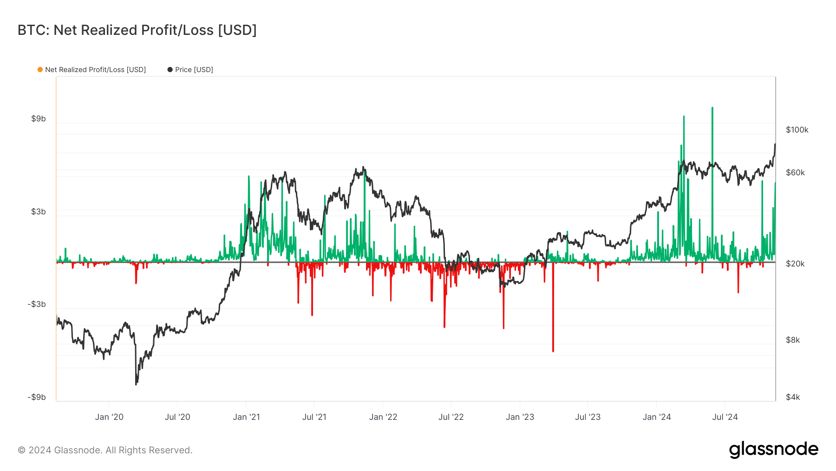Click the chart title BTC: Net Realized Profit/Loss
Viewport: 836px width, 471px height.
click(x=137, y=30)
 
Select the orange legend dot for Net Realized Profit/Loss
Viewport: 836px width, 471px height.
click(x=40, y=70)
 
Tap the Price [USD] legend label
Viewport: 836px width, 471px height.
click(x=194, y=70)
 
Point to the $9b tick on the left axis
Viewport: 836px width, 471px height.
click(x=39, y=119)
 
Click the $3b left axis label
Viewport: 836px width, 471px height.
click(x=39, y=212)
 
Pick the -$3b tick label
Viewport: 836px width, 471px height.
click(x=37, y=304)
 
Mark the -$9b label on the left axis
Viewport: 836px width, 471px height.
click(x=37, y=397)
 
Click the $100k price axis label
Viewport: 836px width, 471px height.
click(x=797, y=130)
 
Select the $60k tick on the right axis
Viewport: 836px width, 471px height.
click(x=795, y=172)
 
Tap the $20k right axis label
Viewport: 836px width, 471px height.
click(x=795, y=264)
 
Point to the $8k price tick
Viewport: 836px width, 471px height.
click(x=793, y=340)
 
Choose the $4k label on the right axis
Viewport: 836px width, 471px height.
click(x=793, y=397)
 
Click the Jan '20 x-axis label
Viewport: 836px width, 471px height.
click(x=109, y=417)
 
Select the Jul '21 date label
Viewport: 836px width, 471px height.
click(x=314, y=417)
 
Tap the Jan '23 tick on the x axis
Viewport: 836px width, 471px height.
click(x=520, y=417)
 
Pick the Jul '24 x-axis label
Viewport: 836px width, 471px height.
click(x=725, y=417)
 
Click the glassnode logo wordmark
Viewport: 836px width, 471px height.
click(x=773, y=450)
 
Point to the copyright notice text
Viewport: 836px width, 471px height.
click(x=105, y=450)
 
